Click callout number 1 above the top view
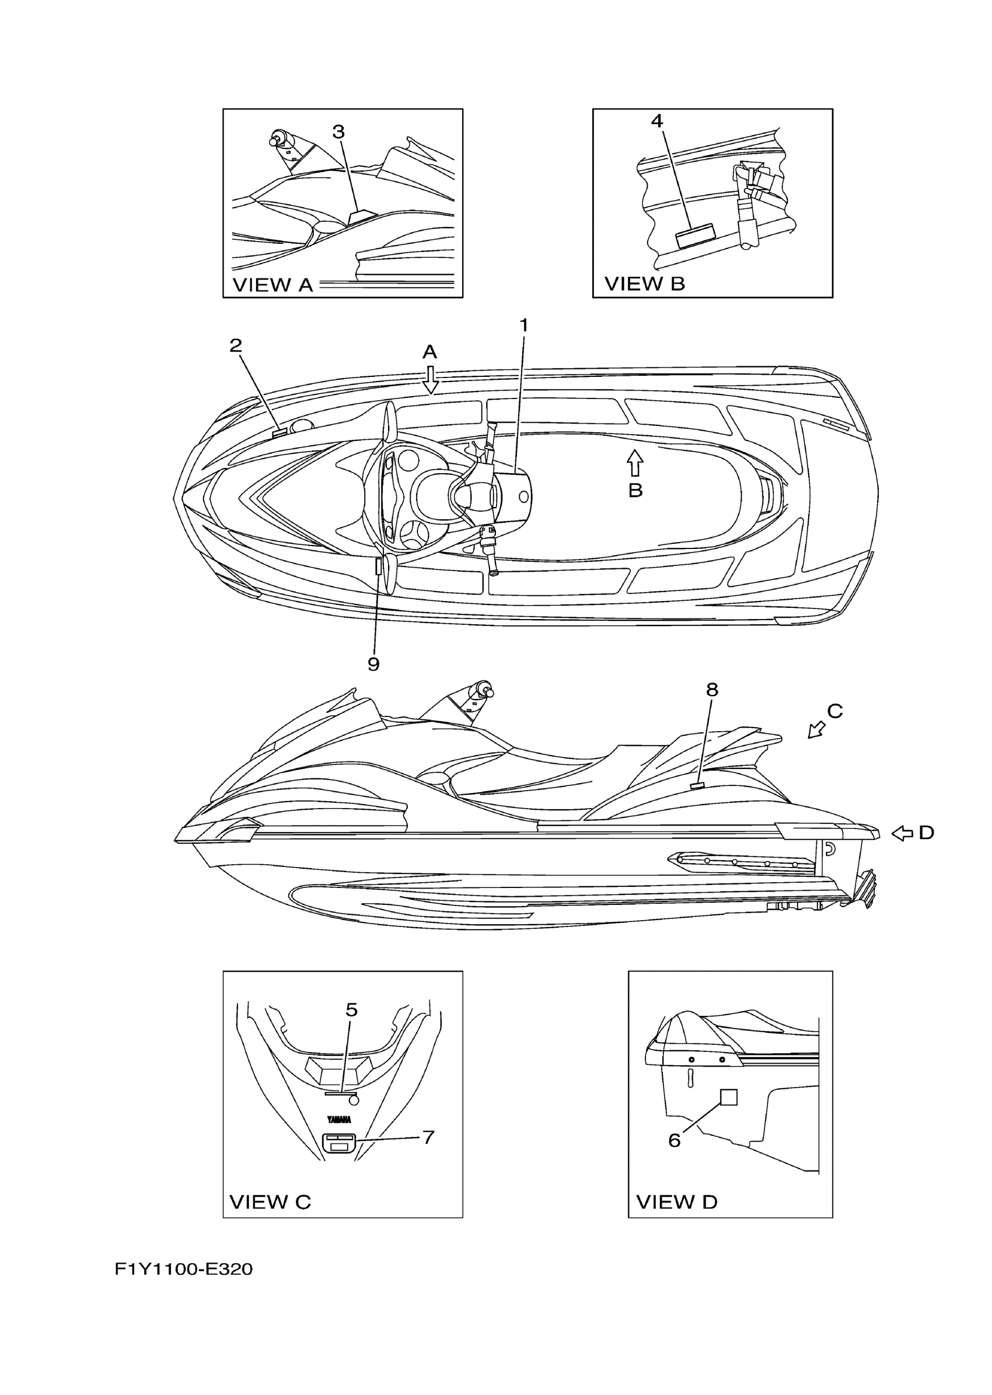pos(523,326)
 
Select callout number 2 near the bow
pos(236,346)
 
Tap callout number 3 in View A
pos(338,131)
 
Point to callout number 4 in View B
pos(656,121)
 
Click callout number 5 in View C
pos(351,1009)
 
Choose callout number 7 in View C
pos(428,1137)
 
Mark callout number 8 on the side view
pos(712,690)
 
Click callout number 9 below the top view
pos(373,664)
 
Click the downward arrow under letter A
pos(431,380)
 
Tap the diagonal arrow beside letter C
pos(817,729)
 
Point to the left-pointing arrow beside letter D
pos(902,833)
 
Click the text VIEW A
pos(273,285)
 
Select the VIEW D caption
pos(677,1201)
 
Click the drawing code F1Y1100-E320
pos(184,1269)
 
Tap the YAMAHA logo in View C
pos(339,1120)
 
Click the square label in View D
pos(729,1097)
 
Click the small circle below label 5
pos(353,1099)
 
